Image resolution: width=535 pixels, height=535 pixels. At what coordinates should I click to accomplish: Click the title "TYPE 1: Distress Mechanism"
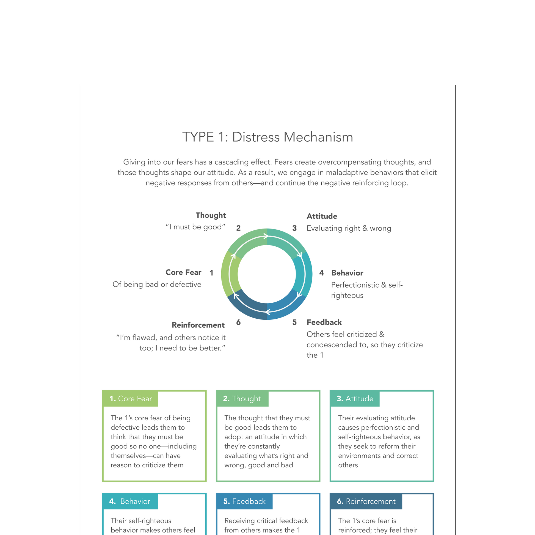point(267,137)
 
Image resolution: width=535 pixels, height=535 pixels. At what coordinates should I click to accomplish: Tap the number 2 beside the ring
point(238,228)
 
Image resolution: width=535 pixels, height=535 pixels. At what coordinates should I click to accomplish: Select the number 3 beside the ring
point(294,228)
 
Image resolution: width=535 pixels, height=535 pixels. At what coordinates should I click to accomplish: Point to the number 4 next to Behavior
point(321,273)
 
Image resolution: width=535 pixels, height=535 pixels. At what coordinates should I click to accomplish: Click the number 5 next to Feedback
point(294,322)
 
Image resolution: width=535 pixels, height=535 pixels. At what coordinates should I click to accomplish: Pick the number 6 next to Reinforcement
point(238,322)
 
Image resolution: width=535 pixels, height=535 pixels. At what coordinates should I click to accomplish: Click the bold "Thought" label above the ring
point(211,216)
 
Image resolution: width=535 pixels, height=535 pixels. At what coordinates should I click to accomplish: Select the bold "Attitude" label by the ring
point(322,216)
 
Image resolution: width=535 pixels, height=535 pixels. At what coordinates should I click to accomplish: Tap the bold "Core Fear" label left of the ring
point(183,272)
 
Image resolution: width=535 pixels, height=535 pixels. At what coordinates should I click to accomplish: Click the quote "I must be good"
point(195,227)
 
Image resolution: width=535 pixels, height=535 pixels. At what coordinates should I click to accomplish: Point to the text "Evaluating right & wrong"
point(349,228)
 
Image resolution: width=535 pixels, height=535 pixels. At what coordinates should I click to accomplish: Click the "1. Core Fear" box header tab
point(130,399)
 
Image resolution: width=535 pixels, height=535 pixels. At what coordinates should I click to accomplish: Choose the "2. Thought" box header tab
point(242,399)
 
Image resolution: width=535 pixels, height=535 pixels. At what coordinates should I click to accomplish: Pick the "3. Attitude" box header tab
point(355,399)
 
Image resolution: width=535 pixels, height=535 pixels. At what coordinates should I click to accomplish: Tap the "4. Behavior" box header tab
point(130,501)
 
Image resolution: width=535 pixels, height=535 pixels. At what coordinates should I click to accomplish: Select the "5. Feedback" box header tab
point(244,501)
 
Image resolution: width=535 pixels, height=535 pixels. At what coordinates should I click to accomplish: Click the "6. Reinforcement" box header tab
point(366,501)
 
